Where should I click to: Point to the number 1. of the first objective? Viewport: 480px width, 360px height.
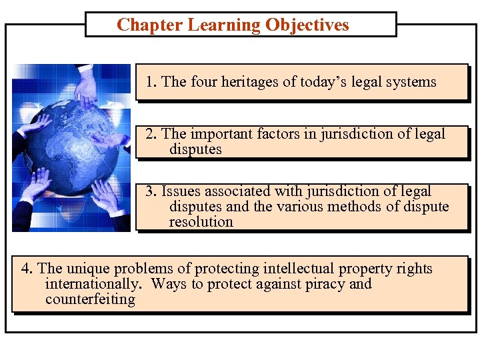152,82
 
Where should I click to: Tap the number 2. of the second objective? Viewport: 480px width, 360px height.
152,134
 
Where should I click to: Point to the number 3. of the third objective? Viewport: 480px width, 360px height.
152,192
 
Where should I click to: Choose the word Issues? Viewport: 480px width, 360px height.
181,192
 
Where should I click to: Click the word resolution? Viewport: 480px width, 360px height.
201,222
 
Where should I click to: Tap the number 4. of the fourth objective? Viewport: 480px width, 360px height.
27,269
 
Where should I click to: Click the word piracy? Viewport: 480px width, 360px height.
321,285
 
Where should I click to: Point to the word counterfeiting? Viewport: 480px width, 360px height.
90,299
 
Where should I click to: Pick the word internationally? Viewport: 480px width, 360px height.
93,285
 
